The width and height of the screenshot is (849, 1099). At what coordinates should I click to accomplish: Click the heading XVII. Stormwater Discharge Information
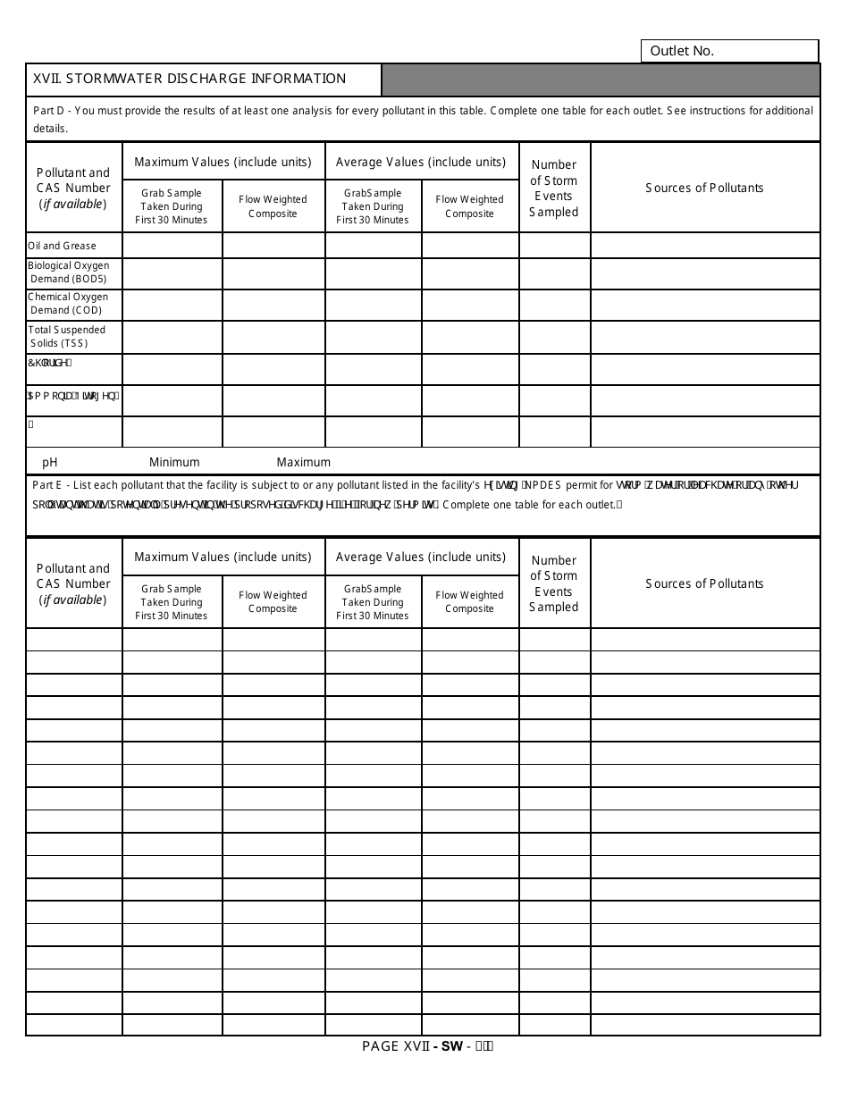pos(189,79)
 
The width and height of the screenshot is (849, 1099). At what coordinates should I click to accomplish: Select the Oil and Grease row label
pos(63,246)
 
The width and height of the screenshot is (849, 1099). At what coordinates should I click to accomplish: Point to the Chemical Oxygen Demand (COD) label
pos(68,304)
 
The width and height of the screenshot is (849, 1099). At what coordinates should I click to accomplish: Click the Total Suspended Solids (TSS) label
pos(66,337)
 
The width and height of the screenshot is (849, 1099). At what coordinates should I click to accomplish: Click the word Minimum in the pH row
pos(174,462)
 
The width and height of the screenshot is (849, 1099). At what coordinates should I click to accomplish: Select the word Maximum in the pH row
pos(303,462)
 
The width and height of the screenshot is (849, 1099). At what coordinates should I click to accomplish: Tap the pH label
pos(50,462)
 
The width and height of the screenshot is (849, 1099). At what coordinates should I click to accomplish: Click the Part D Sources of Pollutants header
pos(704,188)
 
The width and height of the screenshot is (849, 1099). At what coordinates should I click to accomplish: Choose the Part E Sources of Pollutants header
pos(704,583)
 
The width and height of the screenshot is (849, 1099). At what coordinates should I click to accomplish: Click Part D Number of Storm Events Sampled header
pos(554,188)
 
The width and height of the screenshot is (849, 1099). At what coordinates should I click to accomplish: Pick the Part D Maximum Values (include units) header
pos(223,162)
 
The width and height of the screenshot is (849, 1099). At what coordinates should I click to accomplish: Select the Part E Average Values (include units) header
pos(421,557)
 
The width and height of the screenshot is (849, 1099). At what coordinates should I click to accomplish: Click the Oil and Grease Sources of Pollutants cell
pos(705,246)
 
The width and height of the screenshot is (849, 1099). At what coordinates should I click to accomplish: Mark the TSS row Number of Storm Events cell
pos(554,337)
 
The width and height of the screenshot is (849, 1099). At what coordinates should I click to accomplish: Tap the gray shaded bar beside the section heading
pos(601,80)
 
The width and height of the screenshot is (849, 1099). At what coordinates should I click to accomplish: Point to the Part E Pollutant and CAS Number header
pos(73,583)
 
